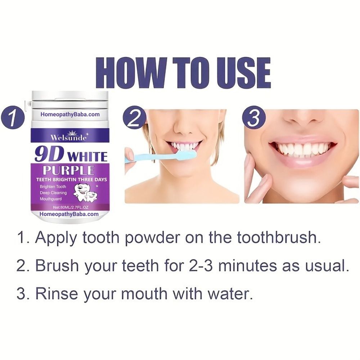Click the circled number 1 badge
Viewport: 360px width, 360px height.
(13, 117)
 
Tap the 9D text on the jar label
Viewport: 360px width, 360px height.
(49, 154)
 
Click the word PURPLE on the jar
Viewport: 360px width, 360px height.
(69, 170)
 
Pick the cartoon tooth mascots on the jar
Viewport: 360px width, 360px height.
(85, 193)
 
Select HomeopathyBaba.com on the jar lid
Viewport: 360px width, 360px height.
(70, 114)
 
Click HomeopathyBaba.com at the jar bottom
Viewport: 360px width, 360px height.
(69, 214)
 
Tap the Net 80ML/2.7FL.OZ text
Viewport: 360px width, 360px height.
(71, 207)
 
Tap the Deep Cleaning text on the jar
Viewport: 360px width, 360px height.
(53, 193)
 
